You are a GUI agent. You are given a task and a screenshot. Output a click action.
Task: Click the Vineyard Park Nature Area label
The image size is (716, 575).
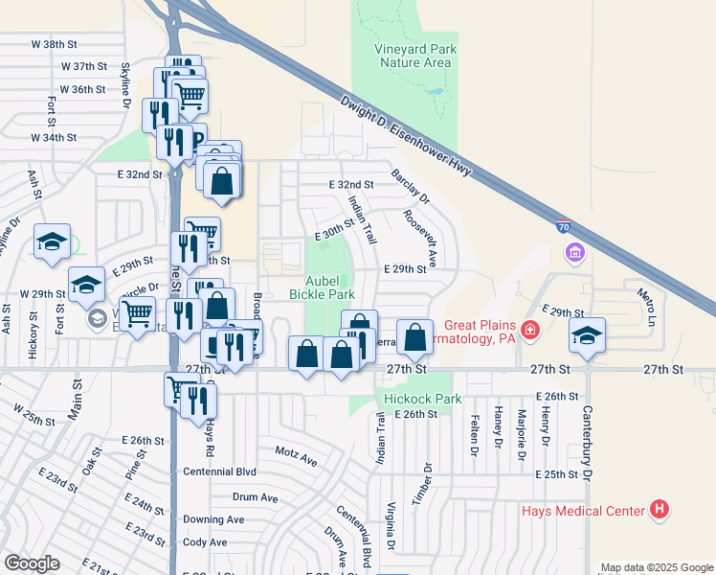point(415,56)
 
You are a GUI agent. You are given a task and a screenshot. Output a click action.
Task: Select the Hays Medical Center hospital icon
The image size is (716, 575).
point(659,510)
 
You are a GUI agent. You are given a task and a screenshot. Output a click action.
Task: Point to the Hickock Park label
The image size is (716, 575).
point(422,399)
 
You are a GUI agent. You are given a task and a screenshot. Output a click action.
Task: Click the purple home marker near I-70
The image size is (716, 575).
point(574,253)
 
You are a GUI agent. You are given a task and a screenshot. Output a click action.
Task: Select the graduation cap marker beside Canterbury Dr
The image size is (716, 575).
point(587,335)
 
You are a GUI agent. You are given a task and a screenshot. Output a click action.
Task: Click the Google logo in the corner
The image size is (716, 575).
point(32,563)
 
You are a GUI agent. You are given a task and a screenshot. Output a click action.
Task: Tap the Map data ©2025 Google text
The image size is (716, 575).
point(657,568)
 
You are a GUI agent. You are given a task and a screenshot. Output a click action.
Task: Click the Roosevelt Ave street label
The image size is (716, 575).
point(420,238)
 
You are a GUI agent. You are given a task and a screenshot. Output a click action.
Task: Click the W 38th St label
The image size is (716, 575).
point(53,44)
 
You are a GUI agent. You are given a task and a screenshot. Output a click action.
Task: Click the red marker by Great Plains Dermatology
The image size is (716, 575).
point(529,332)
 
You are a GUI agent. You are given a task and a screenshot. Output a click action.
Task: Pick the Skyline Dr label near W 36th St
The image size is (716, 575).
point(125,82)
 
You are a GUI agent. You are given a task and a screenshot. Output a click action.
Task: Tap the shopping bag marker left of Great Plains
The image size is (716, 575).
point(414,336)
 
